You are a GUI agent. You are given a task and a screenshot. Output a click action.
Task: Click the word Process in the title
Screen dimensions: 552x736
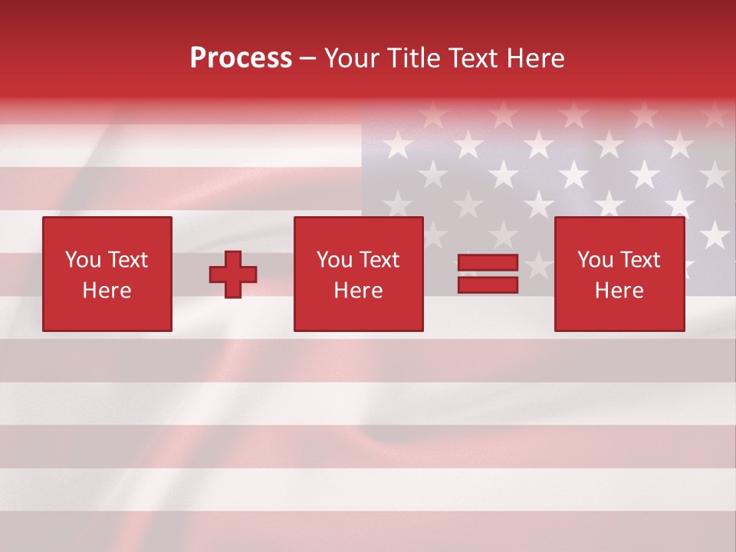[241, 58]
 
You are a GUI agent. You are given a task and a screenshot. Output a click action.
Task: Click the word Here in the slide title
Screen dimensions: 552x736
[539, 58]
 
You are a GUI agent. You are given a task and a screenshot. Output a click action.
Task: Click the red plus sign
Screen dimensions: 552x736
[233, 274]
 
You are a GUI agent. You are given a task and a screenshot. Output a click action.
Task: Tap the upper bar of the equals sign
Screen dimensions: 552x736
[488, 264]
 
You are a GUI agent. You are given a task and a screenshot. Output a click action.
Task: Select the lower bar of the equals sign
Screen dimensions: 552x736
[488, 285]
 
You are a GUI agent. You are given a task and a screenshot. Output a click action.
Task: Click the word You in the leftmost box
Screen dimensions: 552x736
[82, 260]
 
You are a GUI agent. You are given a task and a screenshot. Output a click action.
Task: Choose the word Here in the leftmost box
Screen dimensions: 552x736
[107, 291]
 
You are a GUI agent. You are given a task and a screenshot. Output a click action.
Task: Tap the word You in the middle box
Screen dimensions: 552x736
[333, 260]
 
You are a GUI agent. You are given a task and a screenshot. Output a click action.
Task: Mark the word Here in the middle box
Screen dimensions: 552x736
[358, 291]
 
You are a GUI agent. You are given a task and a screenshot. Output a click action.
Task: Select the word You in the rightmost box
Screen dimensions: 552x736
[594, 260]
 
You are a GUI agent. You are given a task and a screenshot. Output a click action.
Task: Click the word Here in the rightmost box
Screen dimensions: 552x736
[619, 291]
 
